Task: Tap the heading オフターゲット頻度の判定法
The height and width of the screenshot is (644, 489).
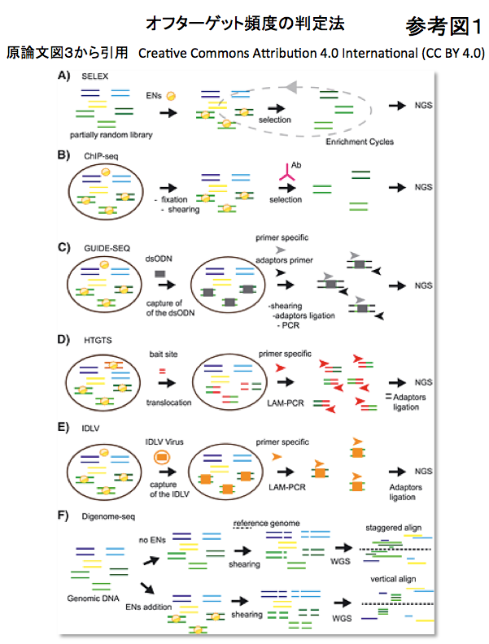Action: tap(244, 24)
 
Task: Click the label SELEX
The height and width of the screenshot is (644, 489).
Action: tap(96, 76)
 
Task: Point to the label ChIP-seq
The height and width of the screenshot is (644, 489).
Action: tap(100, 155)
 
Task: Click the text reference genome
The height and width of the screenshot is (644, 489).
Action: tap(265, 522)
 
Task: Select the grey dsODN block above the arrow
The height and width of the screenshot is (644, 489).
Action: tap(161, 273)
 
